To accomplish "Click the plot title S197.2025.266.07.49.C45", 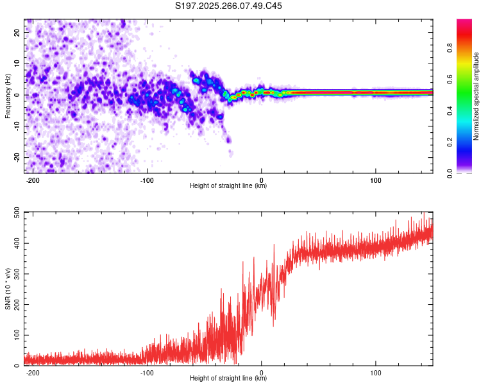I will click(x=229, y=6).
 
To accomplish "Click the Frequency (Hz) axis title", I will click(x=8, y=96).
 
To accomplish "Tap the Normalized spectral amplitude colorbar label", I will click(x=477, y=96).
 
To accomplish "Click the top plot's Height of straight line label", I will click(x=228, y=186).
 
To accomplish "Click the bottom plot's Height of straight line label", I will click(x=228, y=378).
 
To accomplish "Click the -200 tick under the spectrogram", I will click(x=33, y=180).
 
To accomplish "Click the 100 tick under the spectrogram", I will click(x=375, y=180).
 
